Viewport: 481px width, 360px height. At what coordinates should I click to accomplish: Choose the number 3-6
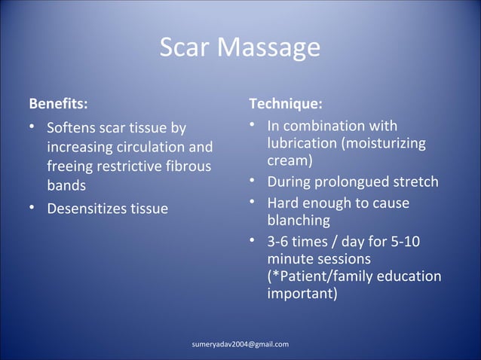click(281, 243)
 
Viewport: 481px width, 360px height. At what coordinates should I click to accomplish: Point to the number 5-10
click(405, 243)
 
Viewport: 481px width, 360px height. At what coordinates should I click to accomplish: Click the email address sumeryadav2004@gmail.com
click(240, 344)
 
